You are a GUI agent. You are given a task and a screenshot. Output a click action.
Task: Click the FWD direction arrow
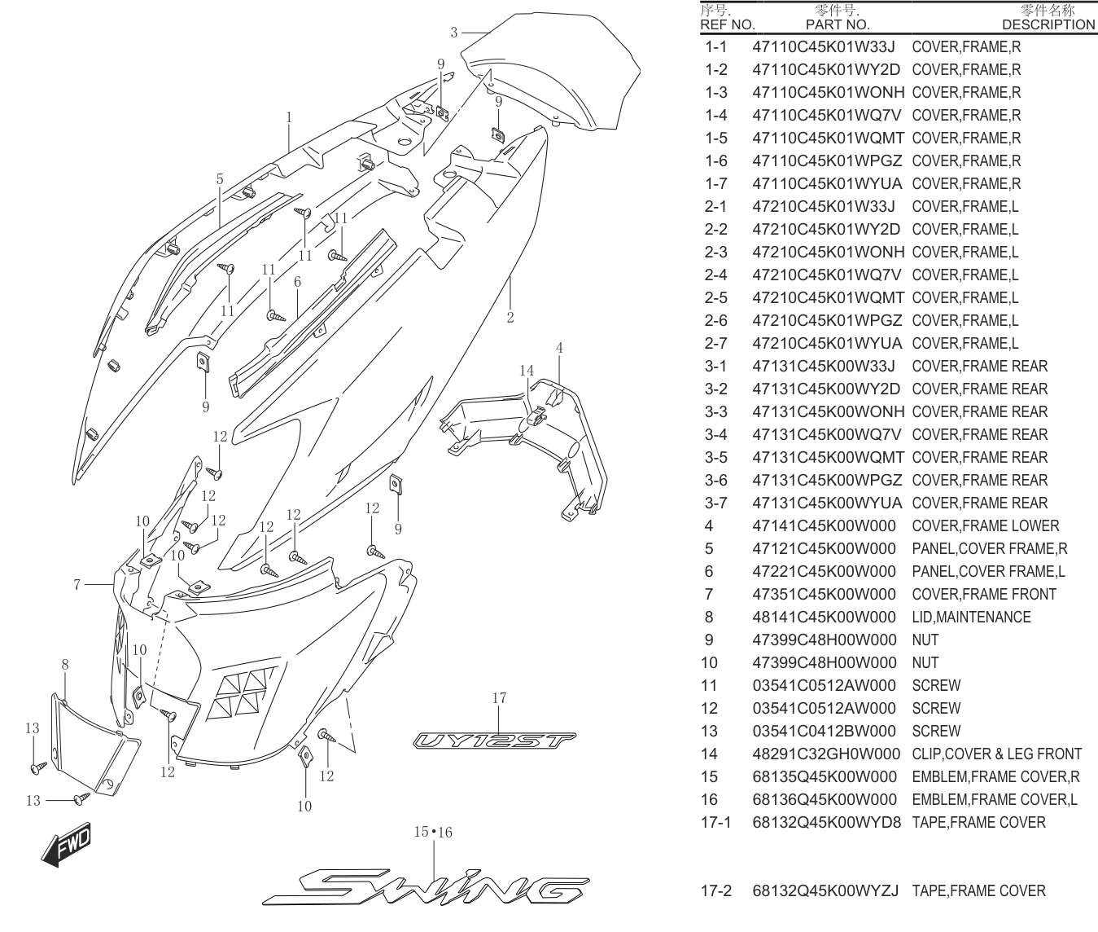point(67,846)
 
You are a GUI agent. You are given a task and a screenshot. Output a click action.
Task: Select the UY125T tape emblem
point(495,741)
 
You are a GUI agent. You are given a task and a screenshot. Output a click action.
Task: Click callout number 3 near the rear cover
point(453,33)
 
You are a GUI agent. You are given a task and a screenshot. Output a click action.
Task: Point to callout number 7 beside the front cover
point(77,585)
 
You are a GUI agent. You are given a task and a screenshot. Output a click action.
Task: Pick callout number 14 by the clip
point(527,371)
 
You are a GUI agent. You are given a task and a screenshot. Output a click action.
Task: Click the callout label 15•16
point(433,832)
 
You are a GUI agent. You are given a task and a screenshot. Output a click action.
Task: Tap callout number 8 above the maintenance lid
point(65,665)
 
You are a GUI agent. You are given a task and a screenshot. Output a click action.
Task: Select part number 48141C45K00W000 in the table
point(824,617)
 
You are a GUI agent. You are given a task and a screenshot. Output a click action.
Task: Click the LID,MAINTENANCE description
point(971,617)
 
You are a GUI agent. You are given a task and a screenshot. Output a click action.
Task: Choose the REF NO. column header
point(727,24)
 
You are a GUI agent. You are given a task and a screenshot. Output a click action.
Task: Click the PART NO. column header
point(838,24)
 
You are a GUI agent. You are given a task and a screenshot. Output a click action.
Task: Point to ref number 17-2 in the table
point(716,890)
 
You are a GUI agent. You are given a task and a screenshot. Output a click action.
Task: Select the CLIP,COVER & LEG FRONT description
point(996,754)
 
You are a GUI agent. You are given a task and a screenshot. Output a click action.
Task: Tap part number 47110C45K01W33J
point(824,46)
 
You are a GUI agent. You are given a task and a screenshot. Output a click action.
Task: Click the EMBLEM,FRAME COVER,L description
point(995,800)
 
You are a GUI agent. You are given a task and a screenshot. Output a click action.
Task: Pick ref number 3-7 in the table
point(715,503)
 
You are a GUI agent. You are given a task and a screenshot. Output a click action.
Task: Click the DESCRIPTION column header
point(1048,24)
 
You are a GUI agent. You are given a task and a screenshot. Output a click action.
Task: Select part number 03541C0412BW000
point(824,731)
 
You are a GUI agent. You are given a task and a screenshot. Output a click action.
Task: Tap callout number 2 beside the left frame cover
point(510,318)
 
